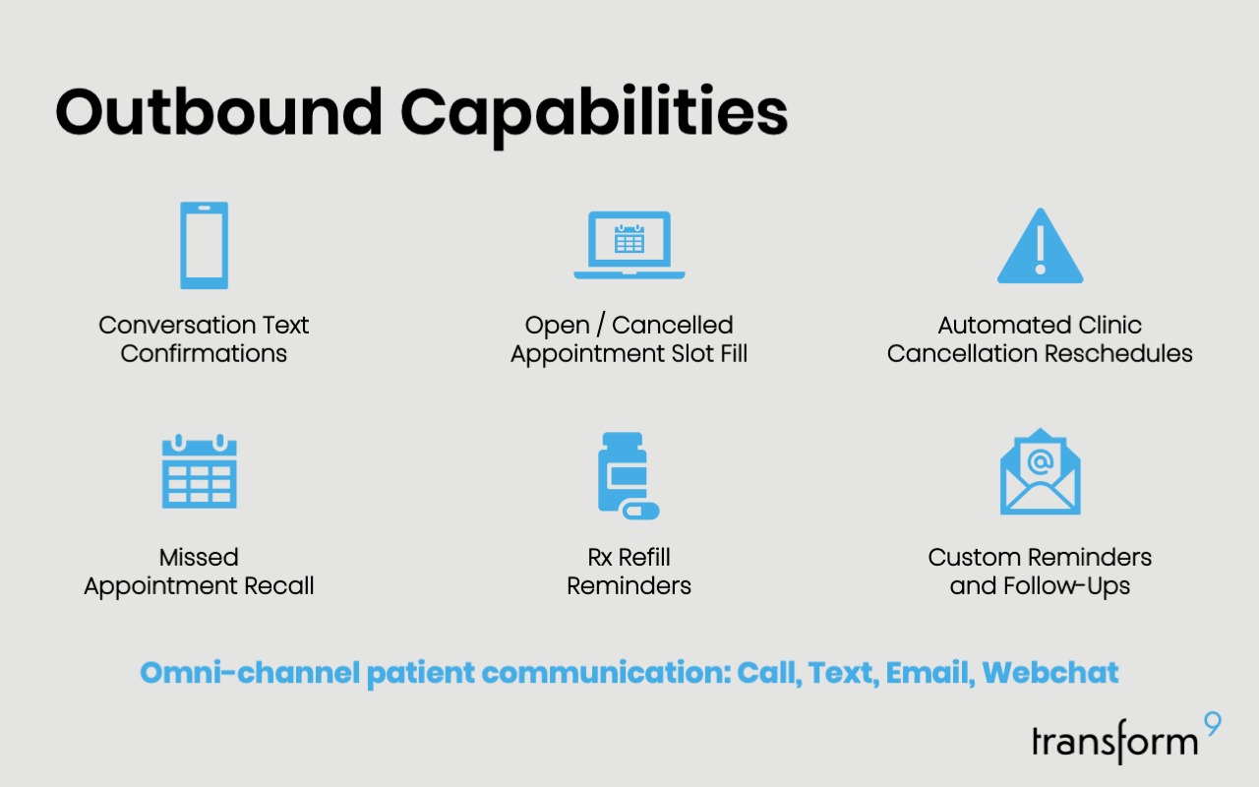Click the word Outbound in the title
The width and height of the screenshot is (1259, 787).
coord(219,111)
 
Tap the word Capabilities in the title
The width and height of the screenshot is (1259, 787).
coord(594,115)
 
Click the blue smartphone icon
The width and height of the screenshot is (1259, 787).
coord(204,246)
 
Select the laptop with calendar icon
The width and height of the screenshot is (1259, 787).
coord(629,245)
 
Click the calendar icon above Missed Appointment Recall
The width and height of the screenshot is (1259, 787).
coord(199,471)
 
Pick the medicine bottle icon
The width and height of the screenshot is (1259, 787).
coord(623,472)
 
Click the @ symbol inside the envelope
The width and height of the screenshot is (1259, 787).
coord(1041,462)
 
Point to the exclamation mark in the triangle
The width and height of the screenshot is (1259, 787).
coord(1041,250)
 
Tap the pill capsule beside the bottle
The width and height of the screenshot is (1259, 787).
coord(640,511)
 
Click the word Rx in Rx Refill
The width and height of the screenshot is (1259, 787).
coord(600,558)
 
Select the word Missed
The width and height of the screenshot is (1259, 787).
coord(199,558)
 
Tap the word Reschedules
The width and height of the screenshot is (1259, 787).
coord(1118,353)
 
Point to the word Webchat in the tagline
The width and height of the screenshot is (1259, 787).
coord(1049,672)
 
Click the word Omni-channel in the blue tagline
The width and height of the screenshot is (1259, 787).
coord(250,672)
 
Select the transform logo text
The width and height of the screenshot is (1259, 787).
coord(1115,741)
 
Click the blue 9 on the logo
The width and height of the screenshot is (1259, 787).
coord(1213,723)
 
